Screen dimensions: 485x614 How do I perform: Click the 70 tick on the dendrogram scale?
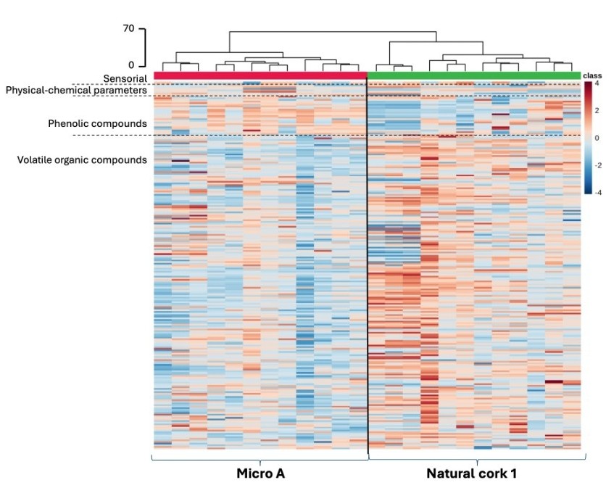129,29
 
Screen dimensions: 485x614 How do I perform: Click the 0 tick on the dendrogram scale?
132,65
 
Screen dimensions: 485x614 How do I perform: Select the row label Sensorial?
125,78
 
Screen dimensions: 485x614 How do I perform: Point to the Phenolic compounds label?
98,123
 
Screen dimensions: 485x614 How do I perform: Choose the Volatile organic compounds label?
83,159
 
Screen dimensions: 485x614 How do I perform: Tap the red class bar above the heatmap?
261,75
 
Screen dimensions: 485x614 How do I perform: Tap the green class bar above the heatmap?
474,75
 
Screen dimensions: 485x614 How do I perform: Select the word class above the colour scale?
593,75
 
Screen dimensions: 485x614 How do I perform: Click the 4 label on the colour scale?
597,84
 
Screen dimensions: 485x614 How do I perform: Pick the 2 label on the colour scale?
597,110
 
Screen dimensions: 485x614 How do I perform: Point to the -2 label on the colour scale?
597,165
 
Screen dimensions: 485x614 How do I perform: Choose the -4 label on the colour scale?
597,192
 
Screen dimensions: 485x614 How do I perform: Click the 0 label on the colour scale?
597,138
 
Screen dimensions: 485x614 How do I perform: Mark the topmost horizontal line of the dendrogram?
333,32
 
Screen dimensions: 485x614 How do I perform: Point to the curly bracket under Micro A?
260,459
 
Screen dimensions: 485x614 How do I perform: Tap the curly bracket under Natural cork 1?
476,459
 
